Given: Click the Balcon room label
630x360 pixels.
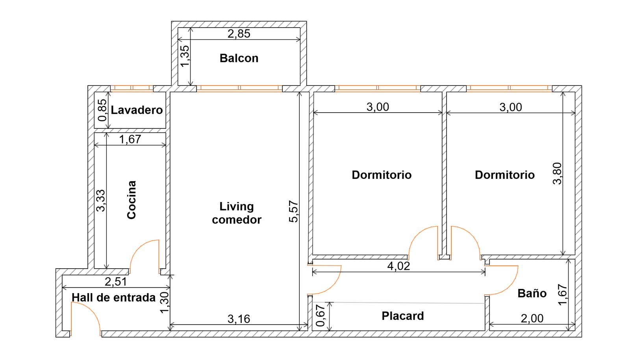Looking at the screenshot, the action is click(239, 58).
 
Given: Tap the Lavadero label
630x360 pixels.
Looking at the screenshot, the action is click(137, 110).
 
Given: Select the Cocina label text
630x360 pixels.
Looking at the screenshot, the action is click(132, 200).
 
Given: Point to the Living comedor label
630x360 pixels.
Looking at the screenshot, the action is click(237, 213).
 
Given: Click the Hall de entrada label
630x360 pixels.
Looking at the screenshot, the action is click(114, 297).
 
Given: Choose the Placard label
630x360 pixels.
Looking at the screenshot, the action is click(403, 316).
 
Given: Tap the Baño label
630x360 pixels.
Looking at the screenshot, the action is click(532, 293).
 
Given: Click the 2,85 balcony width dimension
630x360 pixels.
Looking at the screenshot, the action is click(239, 34).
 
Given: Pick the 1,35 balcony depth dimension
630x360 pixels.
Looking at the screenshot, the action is click(185, 56).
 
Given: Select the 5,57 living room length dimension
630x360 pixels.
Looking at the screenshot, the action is click(293, 211).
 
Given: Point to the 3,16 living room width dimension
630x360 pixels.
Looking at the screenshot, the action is click(239, 319).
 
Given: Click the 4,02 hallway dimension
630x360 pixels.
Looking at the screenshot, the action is click(398, 266).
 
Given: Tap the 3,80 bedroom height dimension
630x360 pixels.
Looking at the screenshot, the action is click(557, 174).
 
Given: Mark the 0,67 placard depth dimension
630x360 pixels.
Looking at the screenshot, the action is click(321, 316).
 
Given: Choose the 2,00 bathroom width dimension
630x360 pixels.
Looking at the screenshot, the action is click(532, 318).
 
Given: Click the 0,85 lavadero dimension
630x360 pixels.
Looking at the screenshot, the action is click(102, 110).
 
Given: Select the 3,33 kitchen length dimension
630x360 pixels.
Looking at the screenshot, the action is click(100, 200).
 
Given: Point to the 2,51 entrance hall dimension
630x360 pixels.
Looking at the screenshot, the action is click(116, 282).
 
